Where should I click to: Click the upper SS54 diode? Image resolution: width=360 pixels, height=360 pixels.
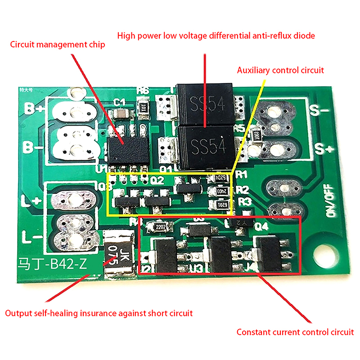click(x=205, y=104)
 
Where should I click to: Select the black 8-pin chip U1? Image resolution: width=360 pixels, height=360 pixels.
click(x=125, y=146)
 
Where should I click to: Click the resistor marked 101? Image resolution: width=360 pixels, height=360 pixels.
click(x=144, y=108)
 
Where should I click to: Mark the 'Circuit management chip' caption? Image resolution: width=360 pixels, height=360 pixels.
click(x=57, y=45)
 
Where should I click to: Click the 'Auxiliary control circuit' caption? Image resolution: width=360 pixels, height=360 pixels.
click(x=280, y=70)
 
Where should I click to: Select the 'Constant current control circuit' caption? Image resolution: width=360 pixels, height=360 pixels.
click(x=295, y=333)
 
